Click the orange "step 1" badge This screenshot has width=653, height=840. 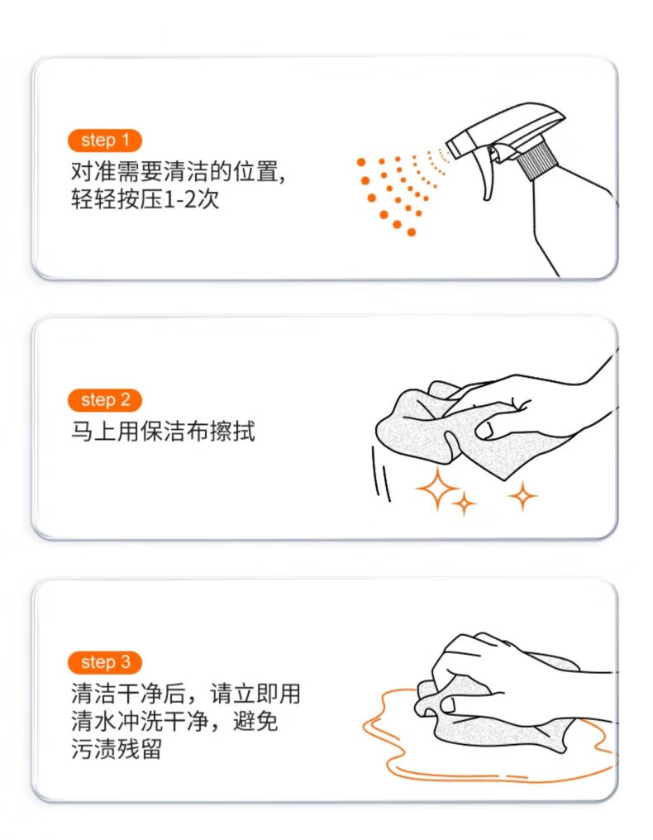click(x=104, y=141)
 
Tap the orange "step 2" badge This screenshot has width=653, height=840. click(x=104, y=400)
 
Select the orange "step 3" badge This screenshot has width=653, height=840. click(x=104, y=662)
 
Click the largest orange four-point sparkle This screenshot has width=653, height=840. click(x=437, y=488)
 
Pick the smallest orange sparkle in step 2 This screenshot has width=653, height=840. click(x=464, y=504)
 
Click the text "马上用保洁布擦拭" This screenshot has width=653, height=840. click(x=163, y=432)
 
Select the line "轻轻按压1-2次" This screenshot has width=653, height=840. click(x=145, y=199)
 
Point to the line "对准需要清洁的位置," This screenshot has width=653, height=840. click(x=178, y=171)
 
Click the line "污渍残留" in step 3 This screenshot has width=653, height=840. click(x=117, y=749)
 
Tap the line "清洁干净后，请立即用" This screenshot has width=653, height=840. click(x=185, y=693)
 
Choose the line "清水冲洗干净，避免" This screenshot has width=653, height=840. click(x=174, y=721)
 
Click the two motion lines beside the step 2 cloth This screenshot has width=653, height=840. click(x=381, y=474)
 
